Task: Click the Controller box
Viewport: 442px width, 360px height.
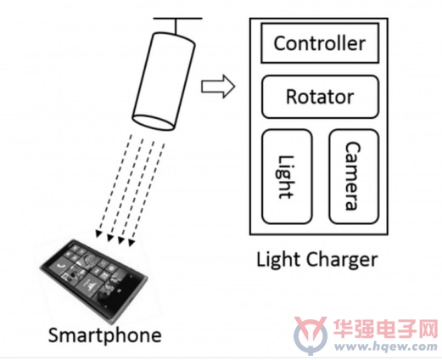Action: click(320, 43)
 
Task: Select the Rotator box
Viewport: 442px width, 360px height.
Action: click(320, 97)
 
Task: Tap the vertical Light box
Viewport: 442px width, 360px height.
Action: click(287, 177)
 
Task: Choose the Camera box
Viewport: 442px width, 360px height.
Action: click(354, 177)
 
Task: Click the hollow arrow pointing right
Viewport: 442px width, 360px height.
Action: click(218, 87)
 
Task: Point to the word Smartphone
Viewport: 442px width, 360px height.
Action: click(105, 335)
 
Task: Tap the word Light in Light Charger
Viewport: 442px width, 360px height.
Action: click(278, 260)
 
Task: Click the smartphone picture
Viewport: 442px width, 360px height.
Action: click(94, 281)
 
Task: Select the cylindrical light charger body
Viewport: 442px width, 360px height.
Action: click(164, 82)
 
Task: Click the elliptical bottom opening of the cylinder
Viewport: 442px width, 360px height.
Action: click(154, 122)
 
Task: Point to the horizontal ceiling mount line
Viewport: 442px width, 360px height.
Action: click(177, 19)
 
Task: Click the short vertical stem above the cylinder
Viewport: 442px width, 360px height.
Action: click(176, 26)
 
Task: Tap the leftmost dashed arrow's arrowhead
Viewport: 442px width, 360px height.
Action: click(98, 233)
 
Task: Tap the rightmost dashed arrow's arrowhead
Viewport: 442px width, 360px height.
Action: click(131, 243)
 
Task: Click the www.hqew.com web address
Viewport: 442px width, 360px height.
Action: click(386, 346)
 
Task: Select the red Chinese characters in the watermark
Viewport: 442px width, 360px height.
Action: click(385, 329)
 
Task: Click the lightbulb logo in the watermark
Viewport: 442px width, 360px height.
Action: click(311, 335)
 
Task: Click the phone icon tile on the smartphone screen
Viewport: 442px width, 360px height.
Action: click(60, 266)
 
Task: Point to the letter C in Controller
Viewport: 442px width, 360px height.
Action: click(280, 43)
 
